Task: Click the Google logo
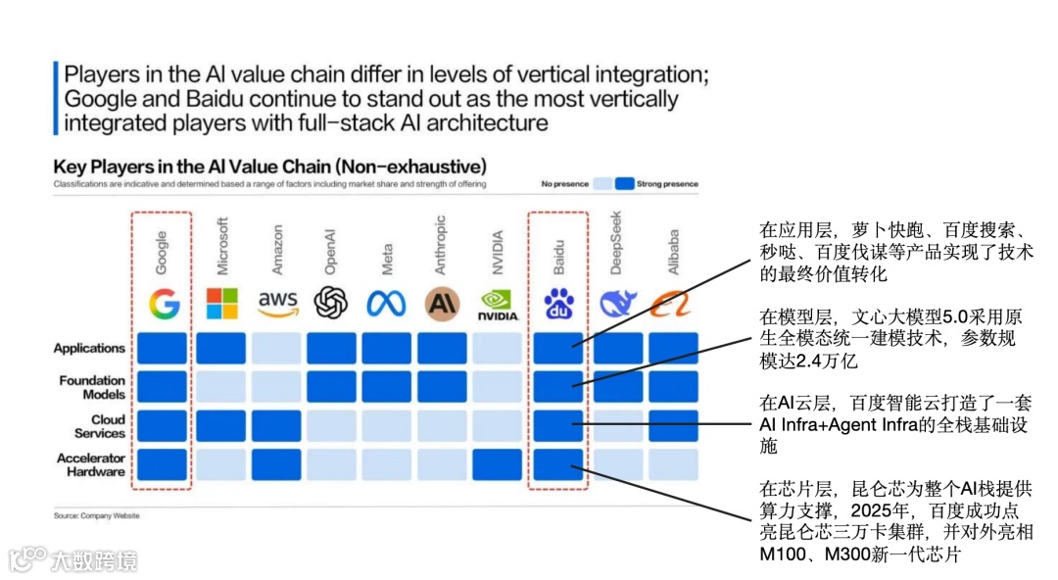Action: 164,304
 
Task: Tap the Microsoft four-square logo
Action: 221,304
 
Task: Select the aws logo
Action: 277,304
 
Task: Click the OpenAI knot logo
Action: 331,304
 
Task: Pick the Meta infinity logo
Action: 386,305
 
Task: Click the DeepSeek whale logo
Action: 618,305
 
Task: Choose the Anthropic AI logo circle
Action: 442,305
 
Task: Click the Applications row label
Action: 89,348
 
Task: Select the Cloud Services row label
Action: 100,426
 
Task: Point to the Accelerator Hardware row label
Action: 91,464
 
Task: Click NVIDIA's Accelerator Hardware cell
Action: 498,464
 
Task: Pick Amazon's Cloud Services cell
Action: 276,425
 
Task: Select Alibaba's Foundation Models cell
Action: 673,387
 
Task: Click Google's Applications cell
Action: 163,348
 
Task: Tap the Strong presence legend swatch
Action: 625,183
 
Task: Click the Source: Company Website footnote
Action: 96,515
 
